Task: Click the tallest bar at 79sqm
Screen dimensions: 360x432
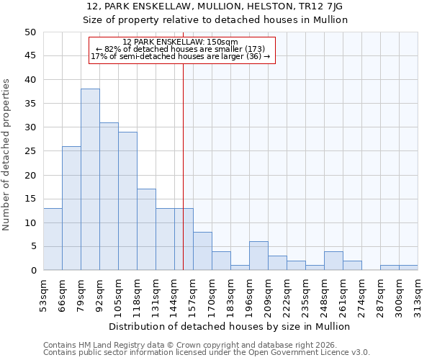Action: pyautogui.click(x=90, y=180)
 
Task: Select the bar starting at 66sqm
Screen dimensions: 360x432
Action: pyautogui.click(x=71, y=209)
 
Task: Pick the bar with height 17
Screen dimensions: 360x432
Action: pyautogui.click(x=146, y=230)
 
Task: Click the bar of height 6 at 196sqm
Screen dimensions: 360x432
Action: pyautogui.click(x=258, y=256)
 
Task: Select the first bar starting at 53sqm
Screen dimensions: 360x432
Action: pyautogui.click(x=53, y=240)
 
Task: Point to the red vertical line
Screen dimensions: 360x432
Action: pyautogui.click(x=184, y=158)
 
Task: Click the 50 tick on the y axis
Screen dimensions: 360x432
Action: pyautogui.click(x=30, y=32)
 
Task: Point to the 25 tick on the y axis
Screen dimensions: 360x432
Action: pyautogui.click(x=30, y=151)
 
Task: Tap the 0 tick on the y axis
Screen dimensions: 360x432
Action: pyautogui.click(x=32, y=271)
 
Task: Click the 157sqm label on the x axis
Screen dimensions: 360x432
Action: pyautogui.click(x=193, y=296)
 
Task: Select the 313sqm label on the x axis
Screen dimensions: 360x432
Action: pyautogui.click(x=418, y=296)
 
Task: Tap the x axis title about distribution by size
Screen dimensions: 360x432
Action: pyautogui.click(x=230, y=326)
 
